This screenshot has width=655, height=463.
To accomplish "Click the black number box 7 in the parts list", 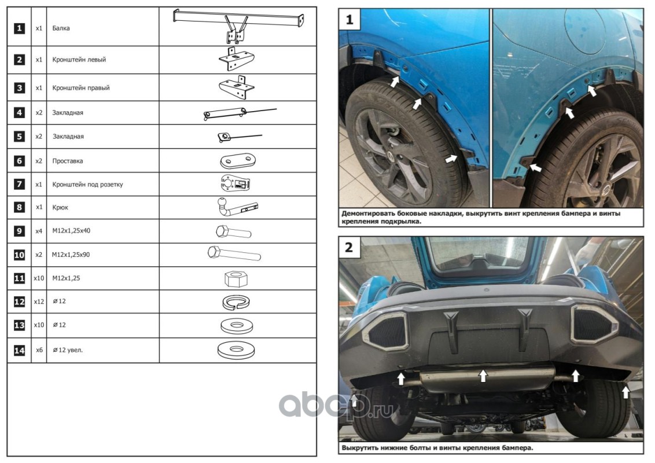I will click(20, 185).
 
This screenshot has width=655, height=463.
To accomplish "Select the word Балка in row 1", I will click(61, 28).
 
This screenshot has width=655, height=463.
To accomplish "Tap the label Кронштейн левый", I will click(79, 60).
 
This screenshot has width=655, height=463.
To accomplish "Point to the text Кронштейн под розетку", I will click(87, 185).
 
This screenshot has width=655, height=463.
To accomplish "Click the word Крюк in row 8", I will click(60, 207).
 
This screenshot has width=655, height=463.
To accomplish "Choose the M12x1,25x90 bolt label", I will click(71, 254).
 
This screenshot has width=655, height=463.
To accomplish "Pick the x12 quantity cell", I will click(38, 302).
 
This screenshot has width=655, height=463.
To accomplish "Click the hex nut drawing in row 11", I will click(235, 278).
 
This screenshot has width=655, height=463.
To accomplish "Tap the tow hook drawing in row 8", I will click(237, 207).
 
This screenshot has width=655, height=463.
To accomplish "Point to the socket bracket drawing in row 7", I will click(236, 184).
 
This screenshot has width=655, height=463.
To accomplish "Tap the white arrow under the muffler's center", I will click(483, 376).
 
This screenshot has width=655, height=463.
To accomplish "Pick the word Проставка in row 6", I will click(67, 161).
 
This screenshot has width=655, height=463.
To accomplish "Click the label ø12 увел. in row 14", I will click(68, 350).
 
